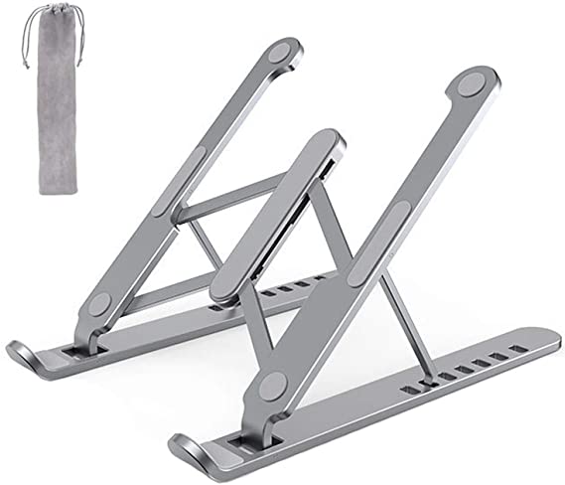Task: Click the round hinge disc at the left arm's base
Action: (x=103, y=306)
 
